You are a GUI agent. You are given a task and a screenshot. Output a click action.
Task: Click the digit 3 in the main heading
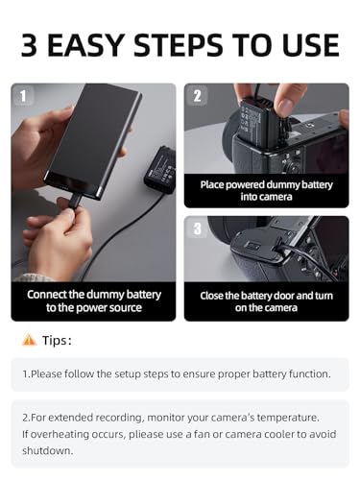coord(29,45)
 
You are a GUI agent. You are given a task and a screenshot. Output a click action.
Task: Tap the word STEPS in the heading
coord(178,45)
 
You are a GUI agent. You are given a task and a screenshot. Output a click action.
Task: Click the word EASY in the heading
coord(85,45)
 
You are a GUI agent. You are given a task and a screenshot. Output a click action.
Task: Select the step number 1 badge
coord(23,95)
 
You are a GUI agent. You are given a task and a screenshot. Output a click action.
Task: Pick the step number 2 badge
coord(197,95)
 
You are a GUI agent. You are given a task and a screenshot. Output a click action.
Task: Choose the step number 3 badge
coord(197,228)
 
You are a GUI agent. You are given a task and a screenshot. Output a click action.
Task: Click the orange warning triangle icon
coord(29,340)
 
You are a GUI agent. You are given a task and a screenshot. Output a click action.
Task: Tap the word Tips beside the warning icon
coord(55,341)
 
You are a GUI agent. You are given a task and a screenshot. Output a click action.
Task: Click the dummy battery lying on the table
coord(160,170)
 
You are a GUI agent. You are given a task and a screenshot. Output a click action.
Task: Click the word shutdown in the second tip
coord(47,450)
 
